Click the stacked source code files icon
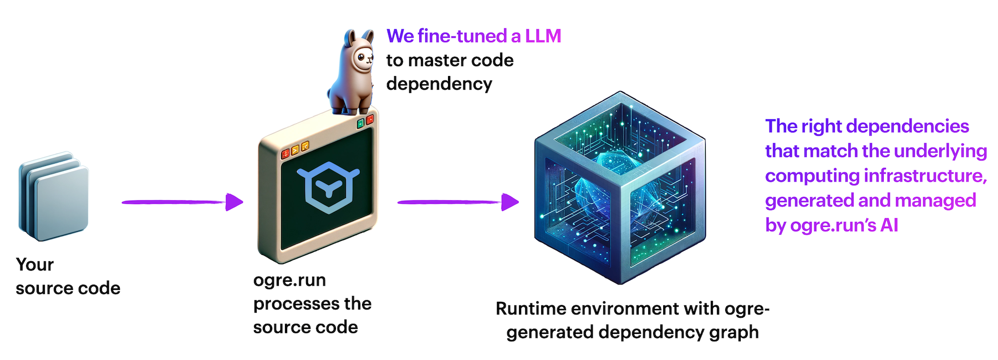click(x=54, y=196)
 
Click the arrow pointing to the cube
click(x=458, y=202)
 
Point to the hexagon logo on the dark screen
click(x=328, y=187)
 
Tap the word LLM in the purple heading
click(x=543, y=36)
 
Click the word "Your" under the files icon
click(x=34, y=265)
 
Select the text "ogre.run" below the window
click(x=289, y=280)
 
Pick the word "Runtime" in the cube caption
click(x=531, y=308)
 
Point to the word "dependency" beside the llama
click(x=439, y=84)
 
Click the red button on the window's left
click(x=286, y=153)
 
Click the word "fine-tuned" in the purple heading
click(x=462, y=36)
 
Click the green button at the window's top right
click(x=360, y=123)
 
